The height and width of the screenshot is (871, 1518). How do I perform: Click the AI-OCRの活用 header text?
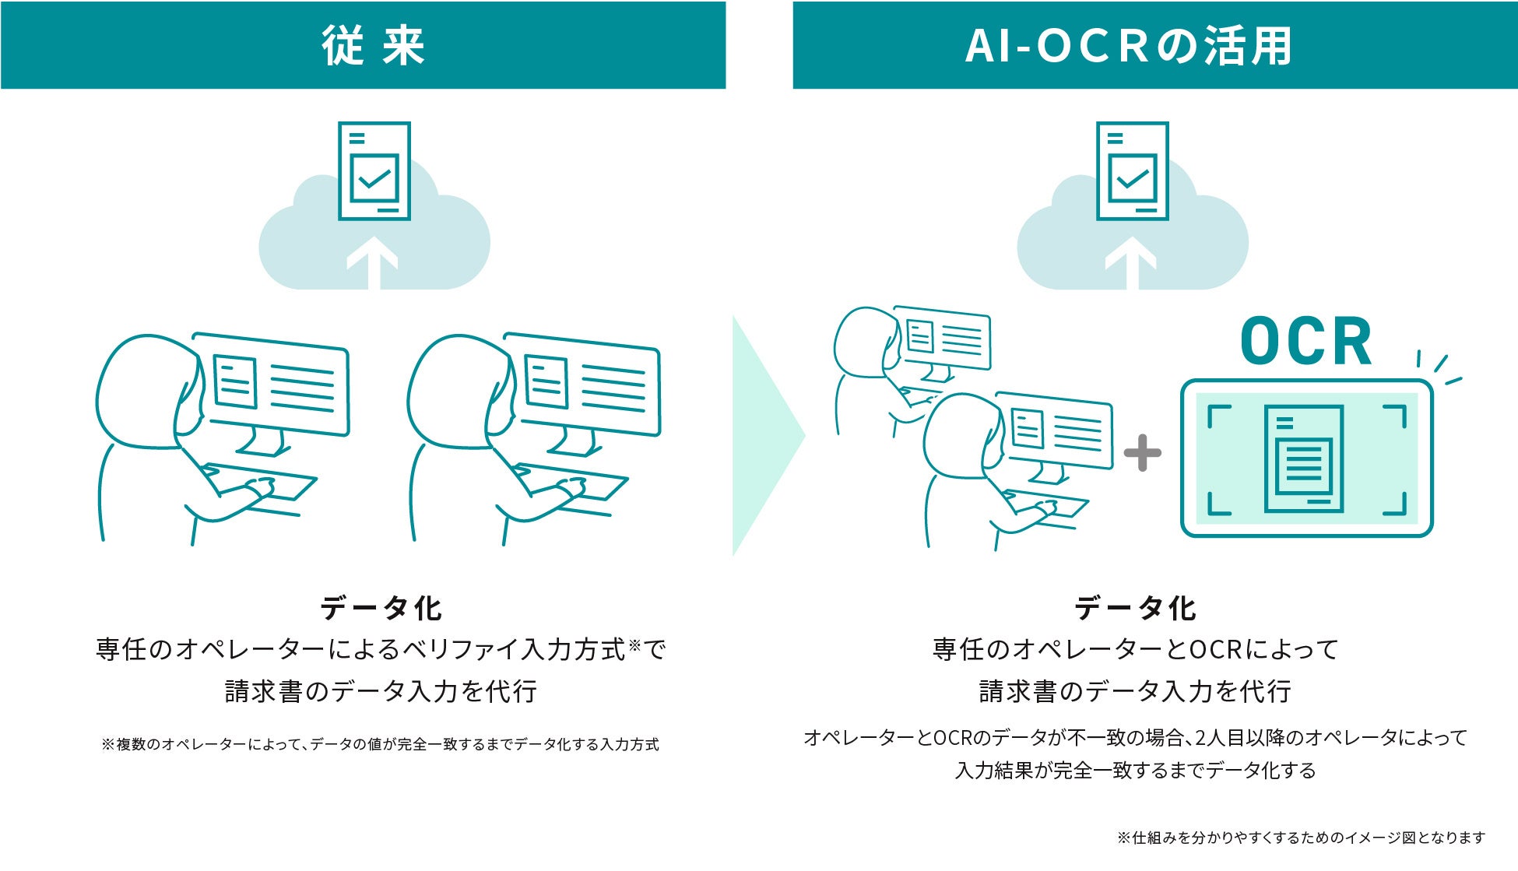1128,46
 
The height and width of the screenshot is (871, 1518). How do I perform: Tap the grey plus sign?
1142,453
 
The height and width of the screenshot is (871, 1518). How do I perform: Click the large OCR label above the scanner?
1305,342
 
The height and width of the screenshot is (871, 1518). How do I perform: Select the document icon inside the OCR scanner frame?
1303,459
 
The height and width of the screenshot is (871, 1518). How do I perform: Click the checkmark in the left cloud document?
374,179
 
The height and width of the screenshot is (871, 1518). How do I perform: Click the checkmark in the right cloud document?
1132,179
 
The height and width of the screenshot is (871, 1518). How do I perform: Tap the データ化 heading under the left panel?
381,608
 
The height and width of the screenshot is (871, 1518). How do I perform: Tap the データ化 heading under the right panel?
1135,608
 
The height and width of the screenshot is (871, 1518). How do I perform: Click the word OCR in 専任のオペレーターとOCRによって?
1216,649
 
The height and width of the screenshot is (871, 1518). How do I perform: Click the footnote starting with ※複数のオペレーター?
380,744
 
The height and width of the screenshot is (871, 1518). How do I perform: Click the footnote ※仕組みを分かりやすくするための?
1301,838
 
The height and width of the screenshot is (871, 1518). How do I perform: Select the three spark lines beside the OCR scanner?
1439,367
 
